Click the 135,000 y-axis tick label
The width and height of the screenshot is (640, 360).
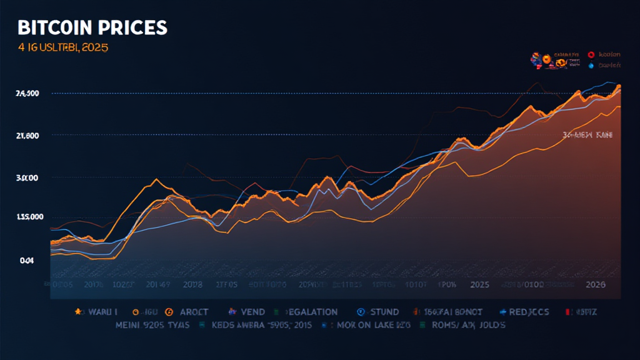28,217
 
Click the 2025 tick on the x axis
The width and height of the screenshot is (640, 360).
480,284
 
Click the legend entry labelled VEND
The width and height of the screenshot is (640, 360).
252,311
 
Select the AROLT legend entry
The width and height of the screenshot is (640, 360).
191,311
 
